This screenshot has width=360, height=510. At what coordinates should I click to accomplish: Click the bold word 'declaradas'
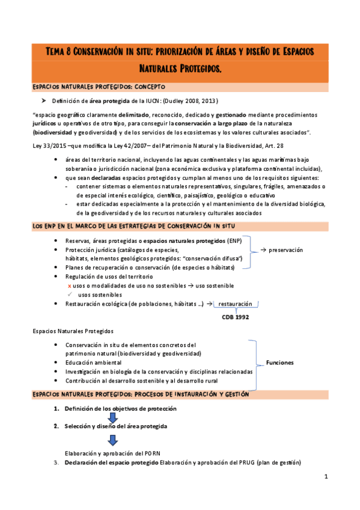pyautogui.click(x=108, y=178)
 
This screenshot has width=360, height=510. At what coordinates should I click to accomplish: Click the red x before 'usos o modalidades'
pyautogui.click(x=70, y=285)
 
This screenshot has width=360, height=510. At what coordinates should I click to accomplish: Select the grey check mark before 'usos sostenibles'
pyautogui.click(x=70, y=295)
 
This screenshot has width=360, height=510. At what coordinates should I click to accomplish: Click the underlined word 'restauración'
pyautogui.click(x=235, y=304)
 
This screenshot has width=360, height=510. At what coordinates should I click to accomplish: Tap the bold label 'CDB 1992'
pyautogui.click(x=235, y=316)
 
